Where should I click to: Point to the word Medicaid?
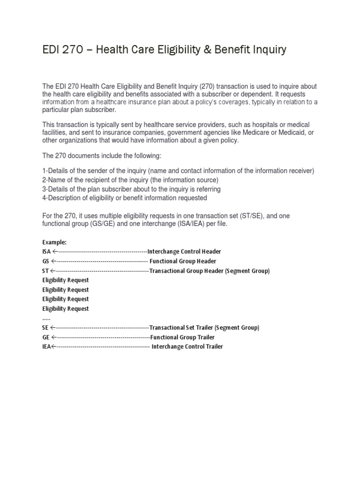(295, 133)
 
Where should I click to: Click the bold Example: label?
(54, 242)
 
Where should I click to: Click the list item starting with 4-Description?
(124, 198)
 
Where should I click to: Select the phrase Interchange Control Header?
(184, 252)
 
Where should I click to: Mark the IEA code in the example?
(46, 347)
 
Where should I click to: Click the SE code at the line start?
(45, 328)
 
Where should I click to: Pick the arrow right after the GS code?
(54, 261)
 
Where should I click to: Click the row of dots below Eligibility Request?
(46, 318)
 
